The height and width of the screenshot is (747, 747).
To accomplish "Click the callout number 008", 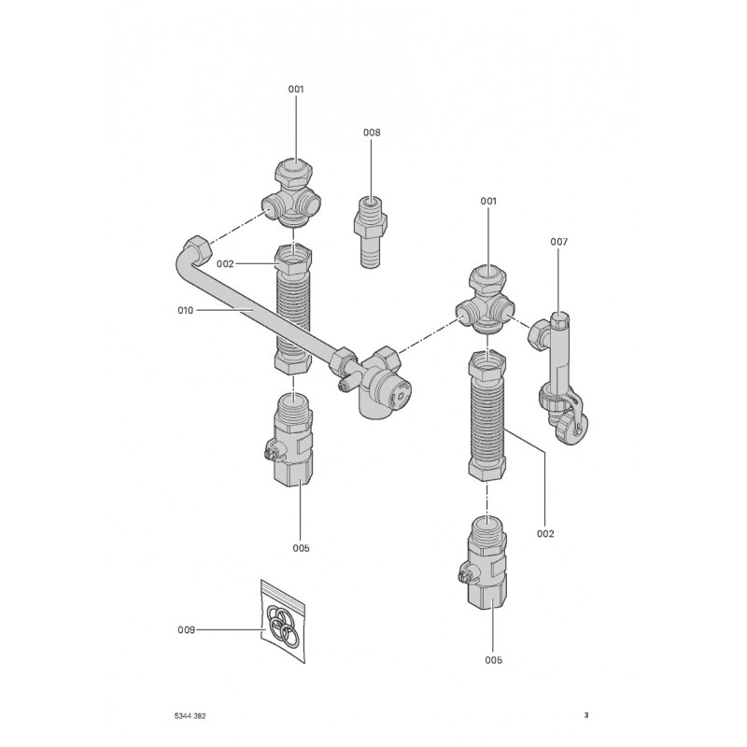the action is click(x=372, y=133).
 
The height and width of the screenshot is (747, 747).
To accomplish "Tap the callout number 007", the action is click(x=558, y=242).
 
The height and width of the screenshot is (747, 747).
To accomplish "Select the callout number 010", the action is click(x=185, y=310).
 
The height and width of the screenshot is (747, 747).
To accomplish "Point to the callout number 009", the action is click(x=186, y=629).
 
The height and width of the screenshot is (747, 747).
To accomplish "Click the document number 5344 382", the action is click(x=190, y=715).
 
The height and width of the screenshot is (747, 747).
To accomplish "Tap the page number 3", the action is click(x=586, y=715).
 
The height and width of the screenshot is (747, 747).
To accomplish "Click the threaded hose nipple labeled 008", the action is click(x=370, y=231).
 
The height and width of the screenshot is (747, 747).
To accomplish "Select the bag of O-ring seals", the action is click(x=283, y=621).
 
